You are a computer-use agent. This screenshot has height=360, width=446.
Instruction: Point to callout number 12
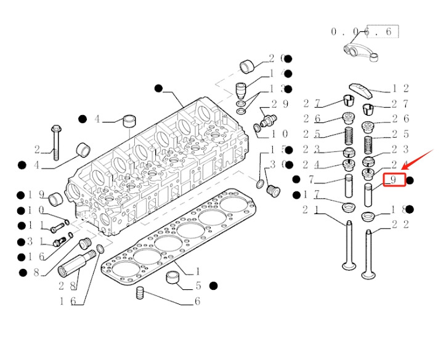click(400, 90)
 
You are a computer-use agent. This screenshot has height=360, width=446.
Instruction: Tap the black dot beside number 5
click(213, 286)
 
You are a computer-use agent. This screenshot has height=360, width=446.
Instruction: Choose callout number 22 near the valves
click(400, 225)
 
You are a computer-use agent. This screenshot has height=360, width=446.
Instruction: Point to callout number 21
click(311, 210)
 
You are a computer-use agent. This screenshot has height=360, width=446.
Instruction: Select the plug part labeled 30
click(271, 191)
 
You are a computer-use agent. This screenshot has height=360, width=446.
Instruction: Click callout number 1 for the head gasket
click(197, 271)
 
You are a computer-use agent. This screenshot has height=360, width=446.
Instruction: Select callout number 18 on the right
click(400, 210)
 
